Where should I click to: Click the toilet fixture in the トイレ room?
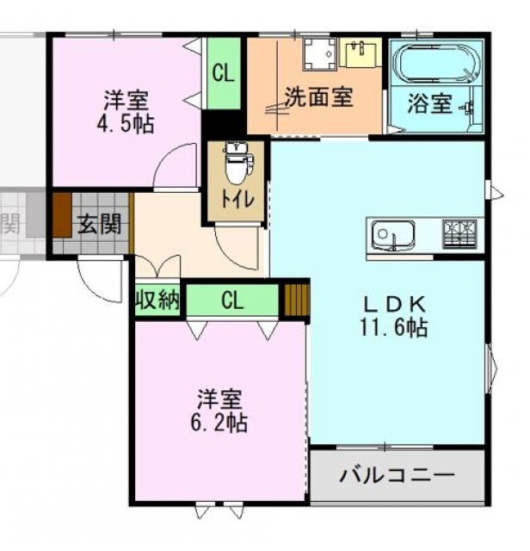[238, 164]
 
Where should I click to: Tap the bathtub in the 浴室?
[436, 64]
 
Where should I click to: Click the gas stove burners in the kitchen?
[459, 234]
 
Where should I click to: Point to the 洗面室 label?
[318, 96]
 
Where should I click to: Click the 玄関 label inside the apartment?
[100, 224]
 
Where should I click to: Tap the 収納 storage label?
[157, 300]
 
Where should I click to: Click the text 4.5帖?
[126, 123]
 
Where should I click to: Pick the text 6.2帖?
[219, 422]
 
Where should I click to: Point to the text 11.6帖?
[393, 327]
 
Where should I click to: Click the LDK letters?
[395, 305]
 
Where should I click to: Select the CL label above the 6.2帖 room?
[232, 300]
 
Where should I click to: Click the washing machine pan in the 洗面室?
[320, 53]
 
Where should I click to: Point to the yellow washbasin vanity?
[361, 53]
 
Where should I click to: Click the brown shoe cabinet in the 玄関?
[62, 215]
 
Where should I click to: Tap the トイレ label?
[237, 200]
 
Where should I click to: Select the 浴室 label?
[429, 103]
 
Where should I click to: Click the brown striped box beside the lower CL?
[297, 300]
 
